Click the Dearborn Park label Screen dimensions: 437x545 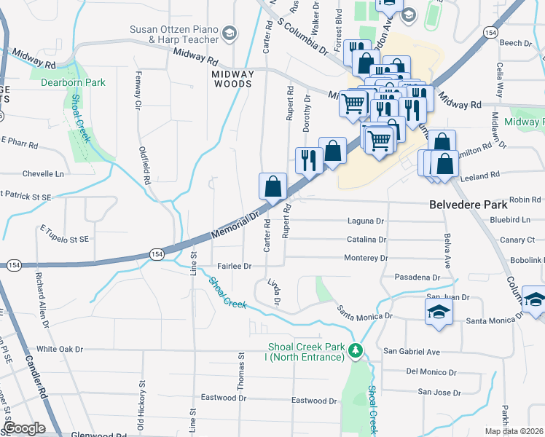[x=74, y=83]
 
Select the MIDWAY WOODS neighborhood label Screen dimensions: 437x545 [x=232, y=79]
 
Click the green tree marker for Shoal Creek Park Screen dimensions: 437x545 [x=356, y=351]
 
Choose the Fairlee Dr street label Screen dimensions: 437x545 [x=234, y=267]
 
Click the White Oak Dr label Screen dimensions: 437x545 [x=60, y=349]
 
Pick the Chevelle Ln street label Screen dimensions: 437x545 [x=43, y=174]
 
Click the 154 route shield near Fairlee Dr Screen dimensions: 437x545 [x=157, y=253]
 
